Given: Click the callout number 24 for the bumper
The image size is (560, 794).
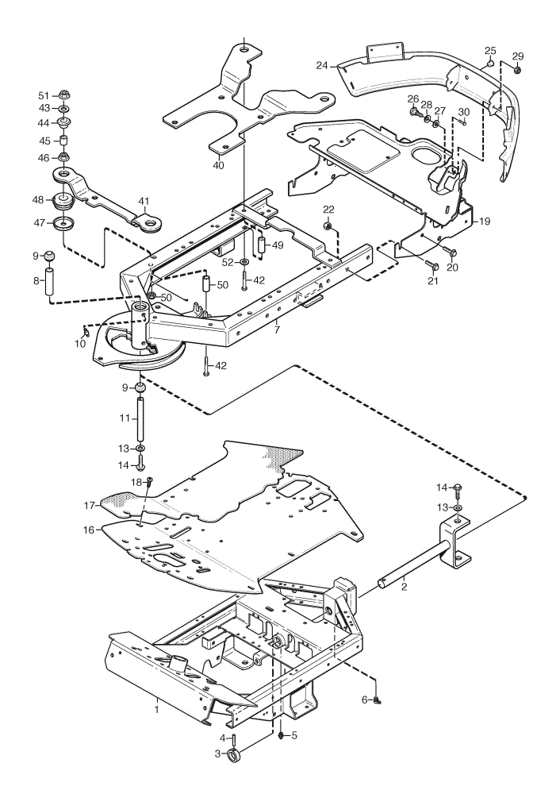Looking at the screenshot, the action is pos(322,65).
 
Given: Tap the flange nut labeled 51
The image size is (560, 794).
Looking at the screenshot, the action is pos(64,94).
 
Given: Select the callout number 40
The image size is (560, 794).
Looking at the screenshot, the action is pos(218,166).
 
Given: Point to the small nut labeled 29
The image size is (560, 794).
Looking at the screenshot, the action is pos(517,70).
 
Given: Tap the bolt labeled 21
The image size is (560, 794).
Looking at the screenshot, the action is pos(432,265).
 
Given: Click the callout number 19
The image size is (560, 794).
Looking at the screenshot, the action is pos(484,222).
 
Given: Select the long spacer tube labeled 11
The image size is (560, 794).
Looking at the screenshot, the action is pos(140,420).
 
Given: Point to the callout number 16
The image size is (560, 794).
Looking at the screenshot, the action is pos(89,530).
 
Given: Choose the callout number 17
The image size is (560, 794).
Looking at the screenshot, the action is pos(89,505).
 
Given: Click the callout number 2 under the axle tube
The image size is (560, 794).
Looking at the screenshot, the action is pos(404,588).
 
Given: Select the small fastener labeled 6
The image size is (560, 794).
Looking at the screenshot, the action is pos(377,700).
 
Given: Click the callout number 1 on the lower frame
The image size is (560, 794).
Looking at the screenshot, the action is pos(157,709).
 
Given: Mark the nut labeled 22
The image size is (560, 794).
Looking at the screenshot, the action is pos(327,225).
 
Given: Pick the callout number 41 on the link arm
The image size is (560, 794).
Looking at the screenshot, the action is pos(144,202).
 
